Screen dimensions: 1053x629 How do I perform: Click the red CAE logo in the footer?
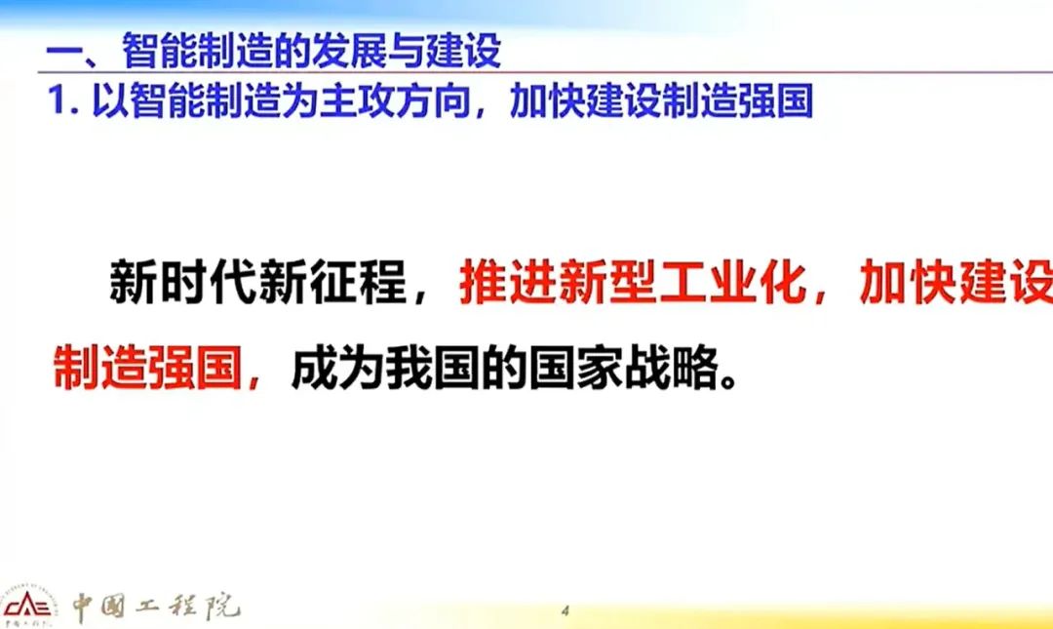click(x=27, y=607)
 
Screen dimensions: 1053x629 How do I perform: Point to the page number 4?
click(x=565, y=610)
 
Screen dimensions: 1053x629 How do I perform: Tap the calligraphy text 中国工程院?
click(x=156, y=607)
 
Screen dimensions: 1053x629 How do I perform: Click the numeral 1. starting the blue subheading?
click(x=64, y=100)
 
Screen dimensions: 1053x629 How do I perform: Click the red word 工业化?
click(x=732, y=283)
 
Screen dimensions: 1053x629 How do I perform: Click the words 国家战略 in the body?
click(x=624, y=368)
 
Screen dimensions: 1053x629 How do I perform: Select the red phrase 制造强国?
click(x=148, y=368)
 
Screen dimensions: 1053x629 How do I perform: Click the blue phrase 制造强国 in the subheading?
click(x=737, y=100)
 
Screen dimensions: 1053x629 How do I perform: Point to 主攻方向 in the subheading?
click(x=394, y=100)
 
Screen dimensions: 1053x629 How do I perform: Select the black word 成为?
click(x=337, y=368)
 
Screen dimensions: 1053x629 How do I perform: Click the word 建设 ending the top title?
click(x=463, y=50)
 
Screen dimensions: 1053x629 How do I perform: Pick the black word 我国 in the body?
click(x=433, y=368)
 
